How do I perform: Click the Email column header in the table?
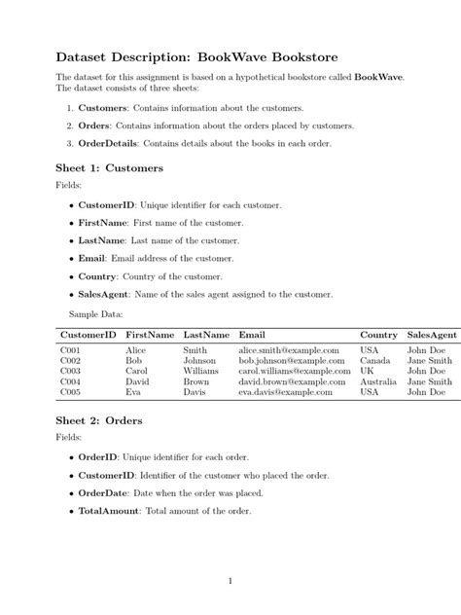(251, 334)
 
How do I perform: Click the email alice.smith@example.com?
(289, 349)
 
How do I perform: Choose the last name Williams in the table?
(201, 371)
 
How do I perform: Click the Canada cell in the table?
(375, 360)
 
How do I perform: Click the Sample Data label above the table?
(95, 314)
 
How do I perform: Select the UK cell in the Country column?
(367, 371)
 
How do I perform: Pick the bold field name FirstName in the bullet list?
(110, 223)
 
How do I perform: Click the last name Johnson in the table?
(199, 360)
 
